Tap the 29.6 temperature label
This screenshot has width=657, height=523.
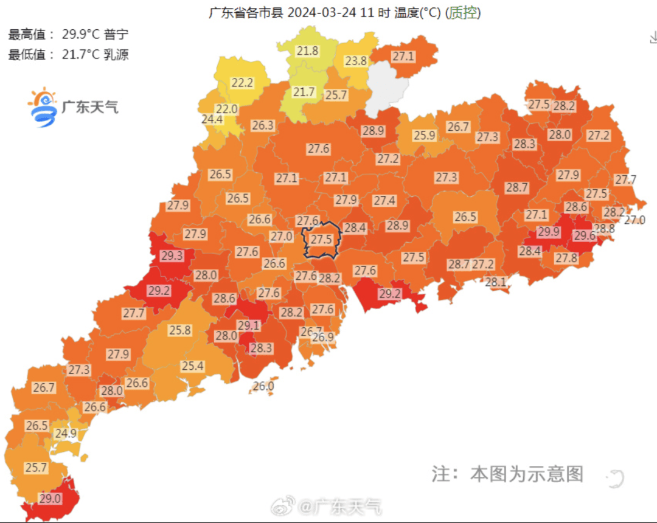coord(585,236)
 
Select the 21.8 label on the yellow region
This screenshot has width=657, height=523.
coord(308,51)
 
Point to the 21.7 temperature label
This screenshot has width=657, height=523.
coord(304,92)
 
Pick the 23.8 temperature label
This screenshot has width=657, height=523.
coord(356,61)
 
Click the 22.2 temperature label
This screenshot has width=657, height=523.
coord(242,83)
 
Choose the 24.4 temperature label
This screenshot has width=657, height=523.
coord(212,119)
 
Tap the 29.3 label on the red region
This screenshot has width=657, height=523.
coord(172,257)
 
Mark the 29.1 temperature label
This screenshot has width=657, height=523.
coord(249,326)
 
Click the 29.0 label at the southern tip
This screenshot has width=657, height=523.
coord(50,498)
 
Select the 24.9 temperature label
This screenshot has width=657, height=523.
coord(66,434)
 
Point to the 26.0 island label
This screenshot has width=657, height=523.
coord(263,386)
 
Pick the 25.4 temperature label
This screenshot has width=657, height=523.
coord(192,366)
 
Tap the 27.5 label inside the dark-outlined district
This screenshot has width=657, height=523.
coord(321,240)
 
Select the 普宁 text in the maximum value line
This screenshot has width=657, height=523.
coord(116,35)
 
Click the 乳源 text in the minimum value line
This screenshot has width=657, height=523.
coord(116,54)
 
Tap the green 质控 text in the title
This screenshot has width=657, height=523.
coord(462,12)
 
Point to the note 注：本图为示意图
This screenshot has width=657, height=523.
coord(507,474)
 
